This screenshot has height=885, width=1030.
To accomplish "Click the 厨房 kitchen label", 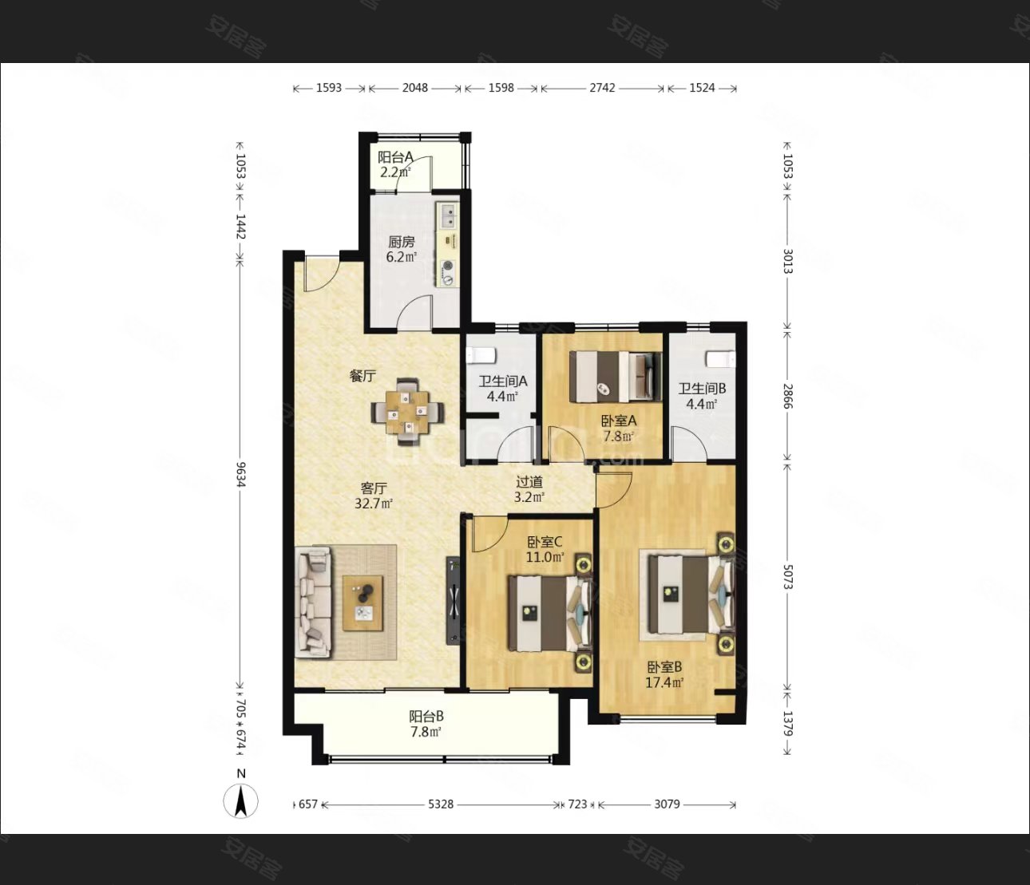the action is pyautogui.click(x=401, y=242).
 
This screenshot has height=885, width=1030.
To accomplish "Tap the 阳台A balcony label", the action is pyautogui.click(x=396, y=157).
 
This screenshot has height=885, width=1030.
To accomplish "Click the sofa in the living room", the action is pyautogui.click(x=313, y=602).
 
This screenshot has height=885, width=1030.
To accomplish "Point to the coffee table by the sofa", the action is pyautogui.click(x=362, y=603).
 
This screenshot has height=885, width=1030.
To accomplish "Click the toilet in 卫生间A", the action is pyautogui.click(x=481, y=356).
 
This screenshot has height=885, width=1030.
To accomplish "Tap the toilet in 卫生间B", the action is pyautogui.click(x=720, y=358).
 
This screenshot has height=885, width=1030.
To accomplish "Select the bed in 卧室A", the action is pyautogui.click(x=616, y=376).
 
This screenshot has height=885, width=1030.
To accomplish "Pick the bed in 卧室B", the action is pyautogui.click(x=691, y=594).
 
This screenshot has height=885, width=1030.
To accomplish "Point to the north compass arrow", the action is pyautogui.click(x=241, y=801).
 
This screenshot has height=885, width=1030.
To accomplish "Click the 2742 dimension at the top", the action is pyautogui.click(x=603, y=88).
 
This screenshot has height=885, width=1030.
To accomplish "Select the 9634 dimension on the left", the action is pyautogui.click(x=240, y=475).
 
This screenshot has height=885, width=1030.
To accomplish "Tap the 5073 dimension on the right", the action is pyautogui.click(x=787, y=577).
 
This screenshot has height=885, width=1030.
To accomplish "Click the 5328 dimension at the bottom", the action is pyautogui.click(x=441, y=804).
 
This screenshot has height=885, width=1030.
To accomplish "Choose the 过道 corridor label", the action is pyautogui.click(x=529, y=482).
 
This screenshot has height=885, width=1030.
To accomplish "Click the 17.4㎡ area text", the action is pyautogui.click(x=665, y=683).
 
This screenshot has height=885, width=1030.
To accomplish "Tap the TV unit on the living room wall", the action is pyautogui.click(x=453, y=601).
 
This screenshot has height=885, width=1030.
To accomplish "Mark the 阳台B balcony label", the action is pyautogui.click(x=426, y=717).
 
